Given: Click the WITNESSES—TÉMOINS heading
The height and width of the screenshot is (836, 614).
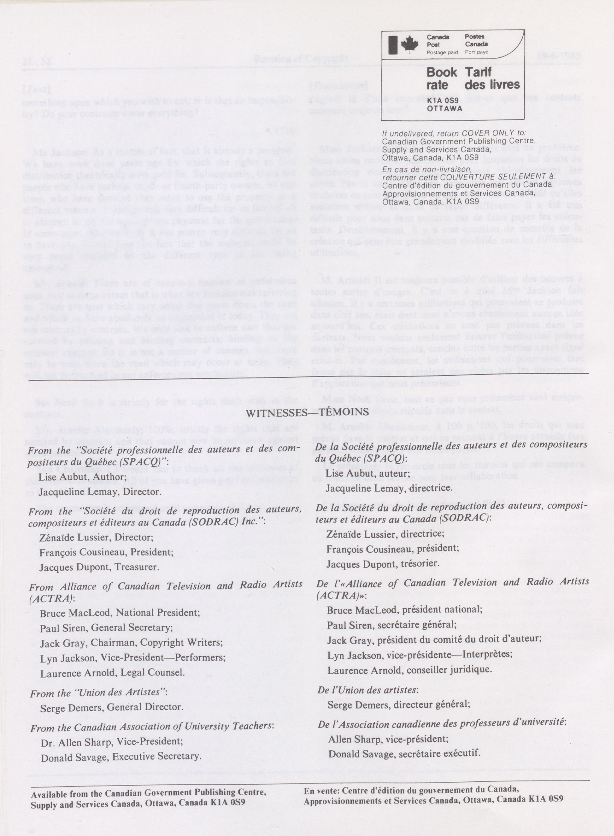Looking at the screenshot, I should point(307,412).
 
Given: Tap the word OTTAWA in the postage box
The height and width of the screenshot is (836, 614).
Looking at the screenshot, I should point(445,108).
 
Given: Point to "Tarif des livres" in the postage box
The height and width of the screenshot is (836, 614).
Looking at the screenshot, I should point(492,78).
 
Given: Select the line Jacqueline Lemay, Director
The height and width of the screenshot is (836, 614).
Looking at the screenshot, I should point(100,492).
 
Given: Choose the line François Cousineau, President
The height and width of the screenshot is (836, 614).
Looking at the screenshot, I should point(106,552).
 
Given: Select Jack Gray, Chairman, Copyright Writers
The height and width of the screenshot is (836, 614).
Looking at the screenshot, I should point(131,643).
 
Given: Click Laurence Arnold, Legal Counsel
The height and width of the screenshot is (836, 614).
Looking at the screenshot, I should point(112,672).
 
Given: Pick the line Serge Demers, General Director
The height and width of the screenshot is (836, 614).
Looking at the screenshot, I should point(111,707).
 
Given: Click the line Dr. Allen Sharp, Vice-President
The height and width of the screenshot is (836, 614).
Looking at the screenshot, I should point(111,742).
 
